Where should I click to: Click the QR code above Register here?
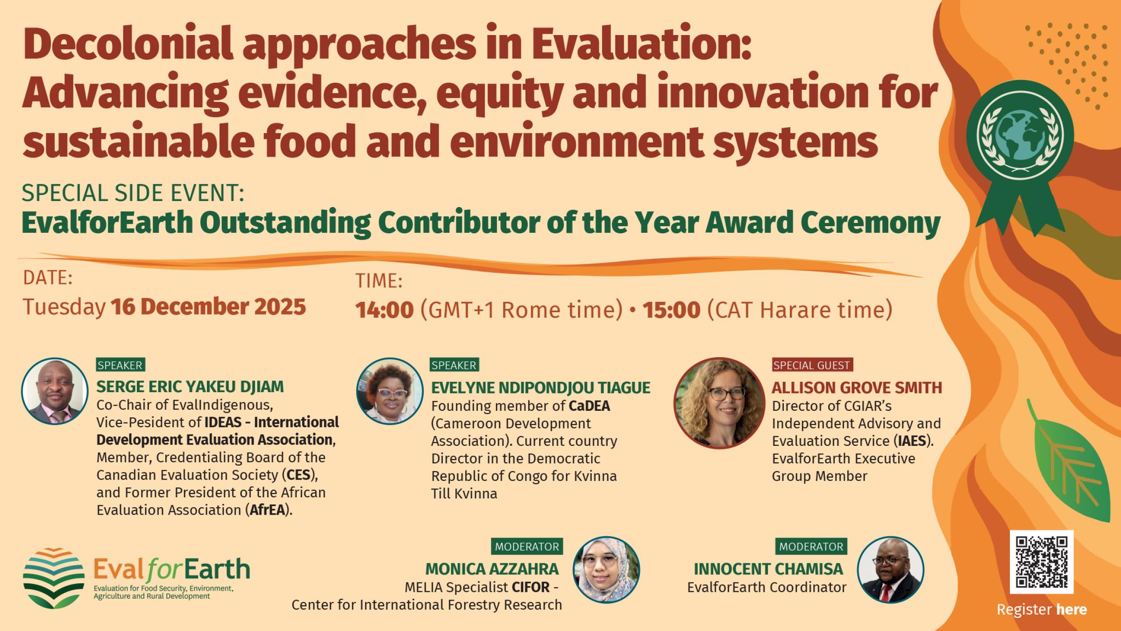1041,562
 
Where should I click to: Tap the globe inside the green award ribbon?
1020,136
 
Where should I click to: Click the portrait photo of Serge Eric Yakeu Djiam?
55,391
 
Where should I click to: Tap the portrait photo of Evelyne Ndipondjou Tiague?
390,391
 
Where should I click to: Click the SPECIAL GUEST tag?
812,365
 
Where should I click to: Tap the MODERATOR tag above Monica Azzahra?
527,546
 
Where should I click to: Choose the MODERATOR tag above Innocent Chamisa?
811,546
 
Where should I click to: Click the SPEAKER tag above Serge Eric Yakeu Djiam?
121,365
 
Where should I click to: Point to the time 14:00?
384,310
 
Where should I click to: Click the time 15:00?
671,310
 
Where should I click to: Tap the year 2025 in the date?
280,307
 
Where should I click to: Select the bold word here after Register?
1071,609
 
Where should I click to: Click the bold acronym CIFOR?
531,587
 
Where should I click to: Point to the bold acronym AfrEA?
267,510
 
